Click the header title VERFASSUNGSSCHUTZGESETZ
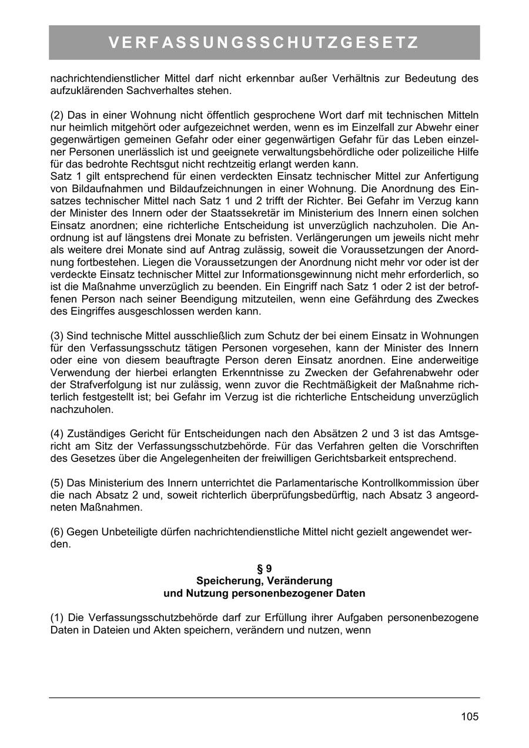(264, 43)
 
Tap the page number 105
(470, 716)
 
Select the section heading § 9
(264, 568)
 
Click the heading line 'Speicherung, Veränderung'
(264, 581)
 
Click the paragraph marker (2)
(57, 114)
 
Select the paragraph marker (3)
(57, 336)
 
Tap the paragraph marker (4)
(57, 434)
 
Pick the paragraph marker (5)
(57, 483)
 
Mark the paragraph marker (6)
(57, 532)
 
